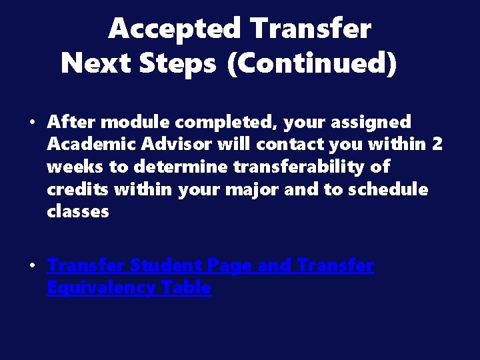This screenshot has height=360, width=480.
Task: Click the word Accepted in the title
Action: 175,29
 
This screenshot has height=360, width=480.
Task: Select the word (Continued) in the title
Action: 312,64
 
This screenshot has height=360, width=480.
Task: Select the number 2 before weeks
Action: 436,144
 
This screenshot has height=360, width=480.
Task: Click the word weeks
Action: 73,167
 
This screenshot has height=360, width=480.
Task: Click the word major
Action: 256,189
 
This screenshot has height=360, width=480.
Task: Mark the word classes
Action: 77,212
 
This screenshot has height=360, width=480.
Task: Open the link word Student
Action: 166,266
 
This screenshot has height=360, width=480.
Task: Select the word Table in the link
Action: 189,288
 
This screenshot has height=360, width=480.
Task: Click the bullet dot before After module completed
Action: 32,123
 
